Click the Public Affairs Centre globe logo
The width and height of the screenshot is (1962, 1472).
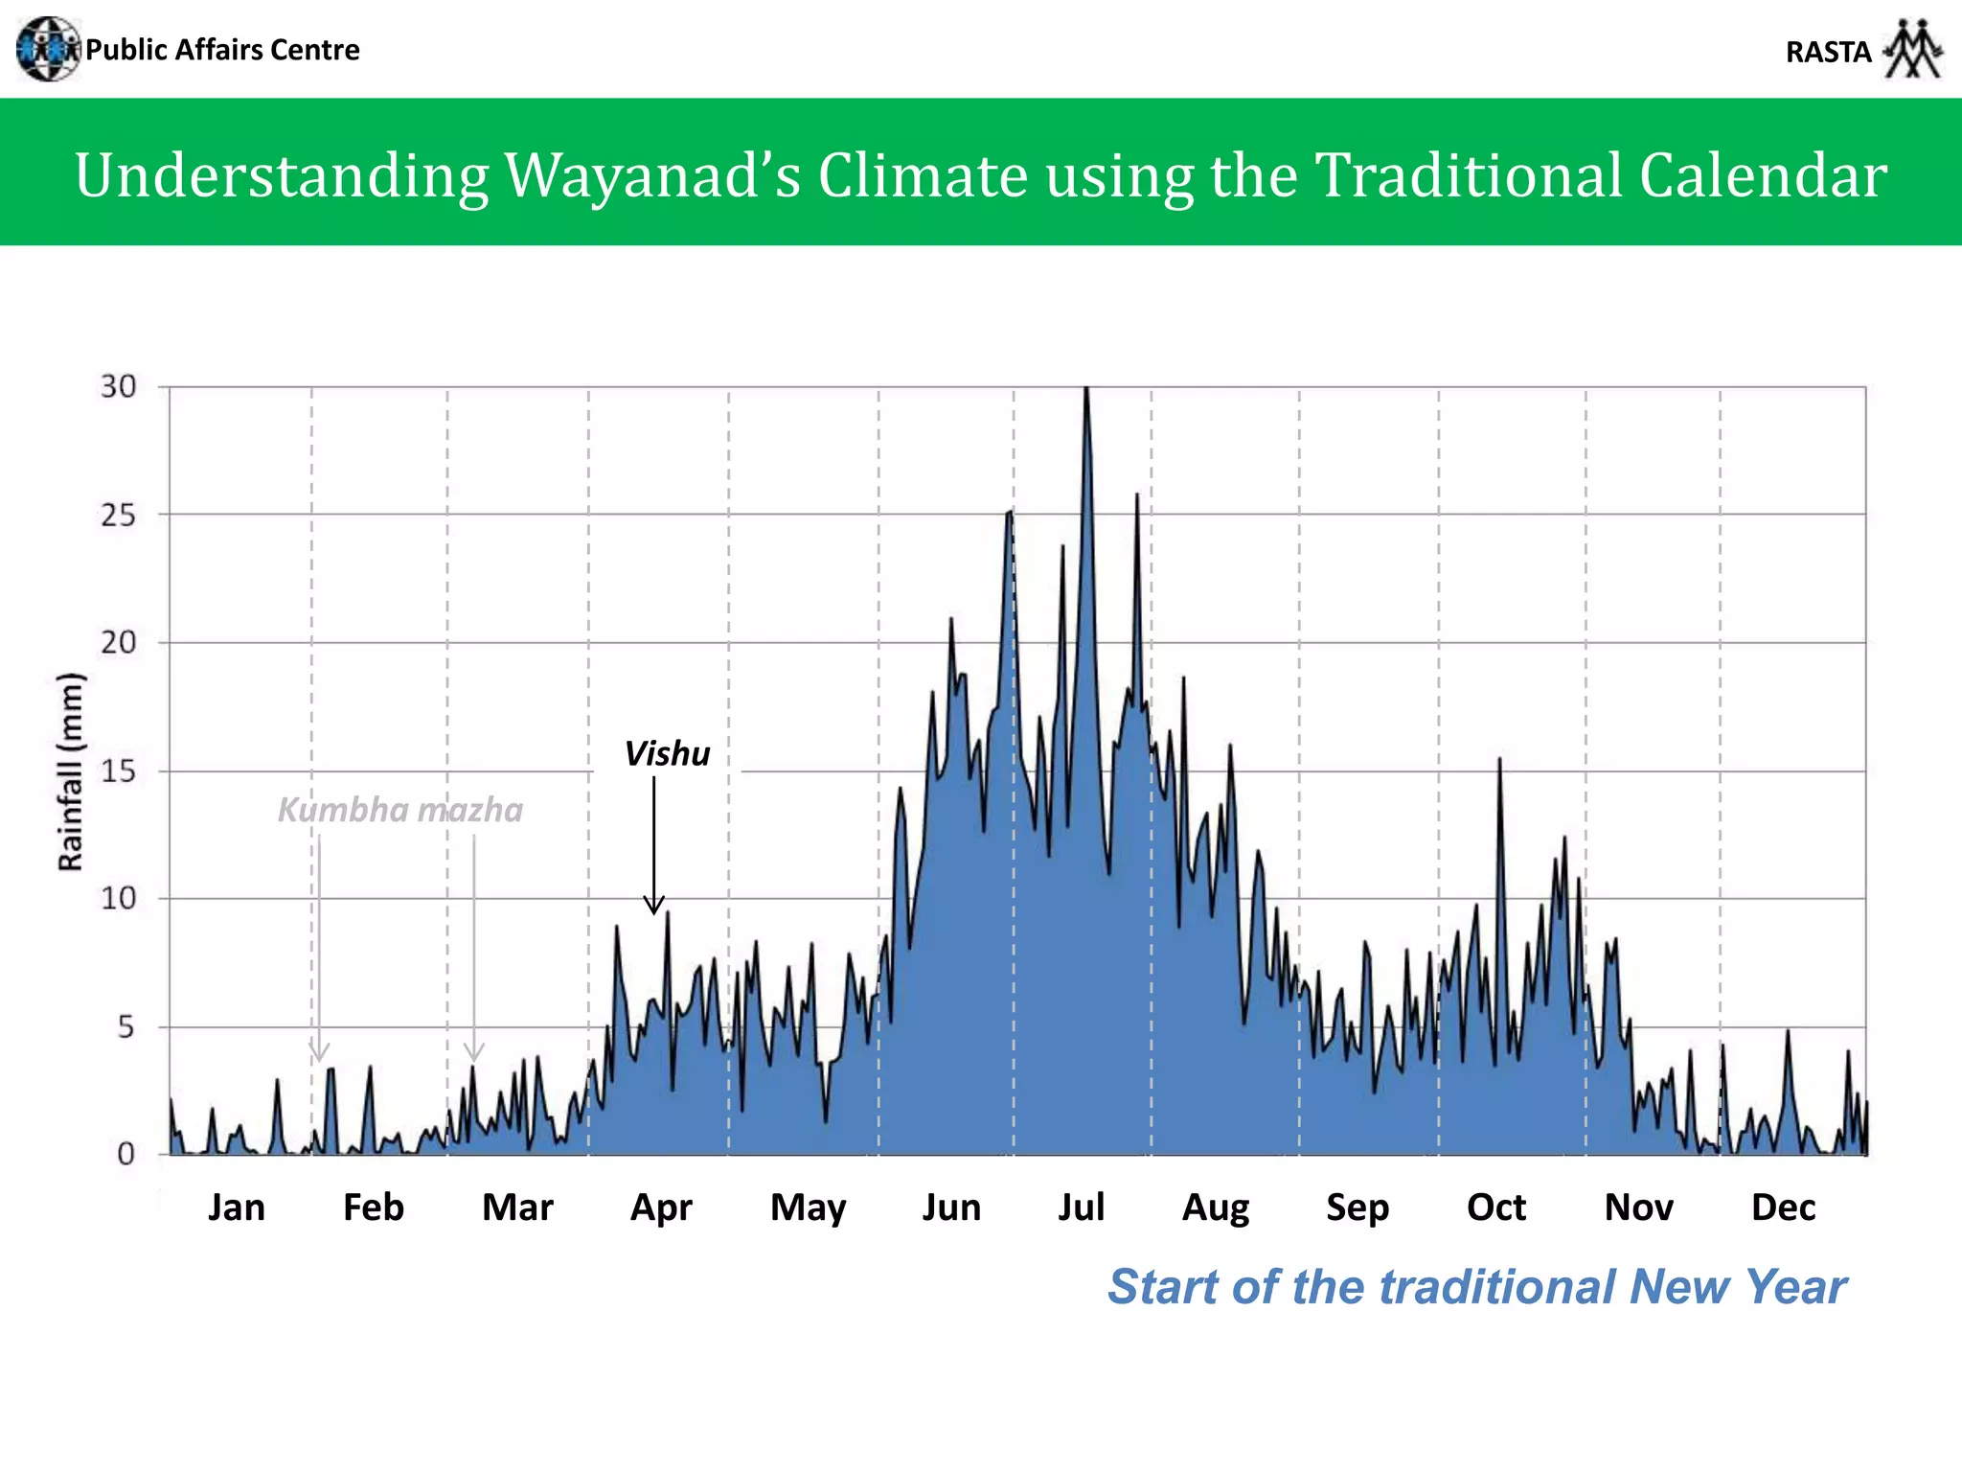[48, 49]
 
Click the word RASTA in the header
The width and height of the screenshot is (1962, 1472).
[1828, 52]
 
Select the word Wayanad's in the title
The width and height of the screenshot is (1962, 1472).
[652, 175]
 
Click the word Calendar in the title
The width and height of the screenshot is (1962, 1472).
[1763, 175]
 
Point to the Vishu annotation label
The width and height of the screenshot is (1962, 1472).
[667, 754]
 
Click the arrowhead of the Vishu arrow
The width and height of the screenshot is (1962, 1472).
[653, 906]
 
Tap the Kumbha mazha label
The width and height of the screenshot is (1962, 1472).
[400, 811]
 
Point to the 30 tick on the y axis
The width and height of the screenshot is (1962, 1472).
[119, 387]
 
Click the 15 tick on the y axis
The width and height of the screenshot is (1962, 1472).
[119, 771]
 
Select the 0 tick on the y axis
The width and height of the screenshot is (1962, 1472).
[125, 1155]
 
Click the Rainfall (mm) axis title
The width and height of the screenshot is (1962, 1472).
[71, 772]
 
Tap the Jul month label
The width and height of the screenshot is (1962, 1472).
[1082, 1207]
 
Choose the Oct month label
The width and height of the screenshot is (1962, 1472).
[1495, 1207]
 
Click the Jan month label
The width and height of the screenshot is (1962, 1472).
[237, 1207]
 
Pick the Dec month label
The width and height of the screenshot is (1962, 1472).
[1783, 1207]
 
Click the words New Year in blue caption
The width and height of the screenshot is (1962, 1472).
[1738, 1287]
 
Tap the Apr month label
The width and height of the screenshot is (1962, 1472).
[661, 1207]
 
